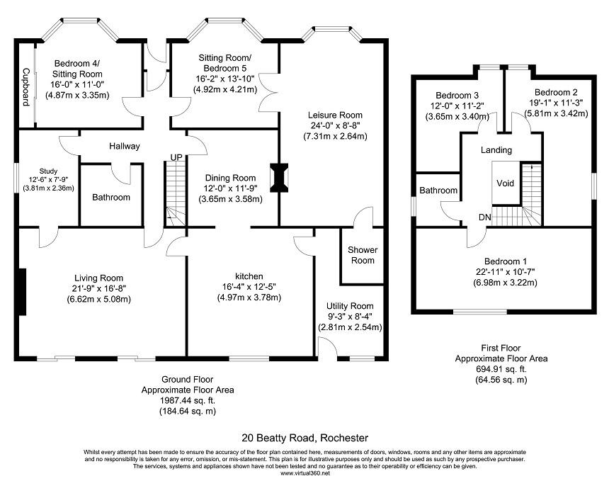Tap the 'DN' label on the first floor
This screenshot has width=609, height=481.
tap(484, 217)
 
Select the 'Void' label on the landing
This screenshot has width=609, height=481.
tap(505, 183)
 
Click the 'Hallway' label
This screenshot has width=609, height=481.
tap(125, 147)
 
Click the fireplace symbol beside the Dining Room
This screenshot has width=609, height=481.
tap(281, 177)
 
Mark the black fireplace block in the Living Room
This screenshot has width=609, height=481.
tap(23, 291)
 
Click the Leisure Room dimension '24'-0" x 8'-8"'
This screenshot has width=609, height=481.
tap(335, 125)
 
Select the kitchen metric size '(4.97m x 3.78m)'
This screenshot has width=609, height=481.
tap(249, 298)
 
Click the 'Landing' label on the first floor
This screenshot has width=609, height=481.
tap(496, 150)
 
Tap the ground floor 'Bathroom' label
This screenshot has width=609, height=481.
tap(111, 198)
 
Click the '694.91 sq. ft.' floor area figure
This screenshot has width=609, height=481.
tap(501, 369)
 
